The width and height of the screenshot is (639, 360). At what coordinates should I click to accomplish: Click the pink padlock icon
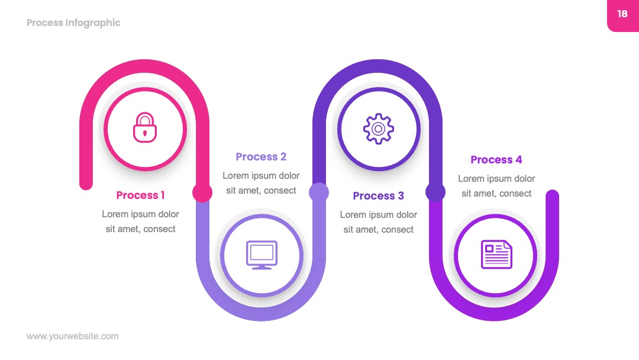(145, 128)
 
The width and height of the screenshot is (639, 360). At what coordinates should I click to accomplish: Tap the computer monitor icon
(262, 255)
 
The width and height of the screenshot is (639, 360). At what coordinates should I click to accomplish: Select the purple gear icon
(379, 129)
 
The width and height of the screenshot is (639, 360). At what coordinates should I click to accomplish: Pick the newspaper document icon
(496, 255)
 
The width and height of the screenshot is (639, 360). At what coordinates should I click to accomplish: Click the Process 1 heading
(140, 195)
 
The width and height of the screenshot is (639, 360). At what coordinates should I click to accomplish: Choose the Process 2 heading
(262, 156)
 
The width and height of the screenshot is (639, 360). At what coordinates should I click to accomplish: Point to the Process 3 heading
(378, 196)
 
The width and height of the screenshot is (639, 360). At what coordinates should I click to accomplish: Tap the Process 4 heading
(496, 159)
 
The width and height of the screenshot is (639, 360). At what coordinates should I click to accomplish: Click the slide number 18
(622, 14)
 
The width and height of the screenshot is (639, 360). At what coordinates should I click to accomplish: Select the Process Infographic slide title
(73, 23)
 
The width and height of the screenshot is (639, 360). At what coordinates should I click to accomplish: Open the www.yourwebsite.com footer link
(73, 336)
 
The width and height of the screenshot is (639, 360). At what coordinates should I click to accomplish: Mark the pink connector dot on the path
(202, 192)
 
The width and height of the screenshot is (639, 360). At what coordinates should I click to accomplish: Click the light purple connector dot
(319, 192)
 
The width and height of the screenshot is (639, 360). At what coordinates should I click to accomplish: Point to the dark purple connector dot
(435, 192)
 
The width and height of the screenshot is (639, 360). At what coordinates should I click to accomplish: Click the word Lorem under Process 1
(115, 214)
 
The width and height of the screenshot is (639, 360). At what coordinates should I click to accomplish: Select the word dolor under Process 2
(289, 176)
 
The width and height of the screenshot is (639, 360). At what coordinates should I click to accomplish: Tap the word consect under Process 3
(398, 230)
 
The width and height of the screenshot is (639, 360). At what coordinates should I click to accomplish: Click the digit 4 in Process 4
(519, 159)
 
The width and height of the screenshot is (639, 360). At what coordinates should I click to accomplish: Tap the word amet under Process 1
(128, 229)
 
